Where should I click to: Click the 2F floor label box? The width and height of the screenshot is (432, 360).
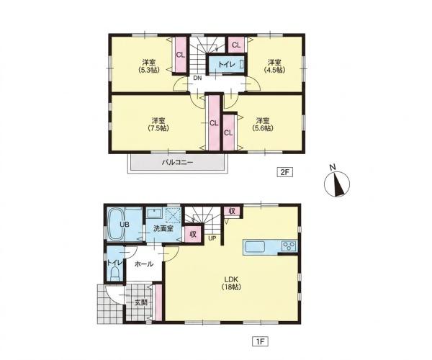coord(284,172)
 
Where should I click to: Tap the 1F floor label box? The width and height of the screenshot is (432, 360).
coord(261,341)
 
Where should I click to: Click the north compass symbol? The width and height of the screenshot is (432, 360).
coord(337,182)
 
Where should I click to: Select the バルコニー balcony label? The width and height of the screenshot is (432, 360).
coord(177,162)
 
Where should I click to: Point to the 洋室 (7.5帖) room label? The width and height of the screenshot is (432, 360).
coord(158,125)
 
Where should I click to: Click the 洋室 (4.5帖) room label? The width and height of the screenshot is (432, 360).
coord(275,66)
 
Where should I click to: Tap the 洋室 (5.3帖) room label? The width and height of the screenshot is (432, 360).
coord(149,66)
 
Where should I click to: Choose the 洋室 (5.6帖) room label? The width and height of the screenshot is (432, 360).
coord(263,125)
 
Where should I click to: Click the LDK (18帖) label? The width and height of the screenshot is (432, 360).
coord(231,283)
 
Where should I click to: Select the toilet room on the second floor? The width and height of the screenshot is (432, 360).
coord(227,65)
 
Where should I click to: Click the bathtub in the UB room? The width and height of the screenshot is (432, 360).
coord(116,224)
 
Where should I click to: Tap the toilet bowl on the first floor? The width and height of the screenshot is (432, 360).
coord(114,274)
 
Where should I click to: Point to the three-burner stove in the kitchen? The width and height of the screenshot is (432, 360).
coord(289,246)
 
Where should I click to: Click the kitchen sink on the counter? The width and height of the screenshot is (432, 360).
coord(255,246)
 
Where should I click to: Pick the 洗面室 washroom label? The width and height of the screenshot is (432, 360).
coord(163,228)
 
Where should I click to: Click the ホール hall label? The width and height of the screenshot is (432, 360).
coord(144,264)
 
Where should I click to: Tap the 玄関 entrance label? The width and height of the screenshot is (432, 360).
coord(141,302)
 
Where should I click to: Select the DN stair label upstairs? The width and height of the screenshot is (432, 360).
coord(197,78)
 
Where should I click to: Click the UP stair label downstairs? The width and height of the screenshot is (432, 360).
coord(212,238)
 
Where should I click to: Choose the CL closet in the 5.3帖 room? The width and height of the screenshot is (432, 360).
coord(181,55)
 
